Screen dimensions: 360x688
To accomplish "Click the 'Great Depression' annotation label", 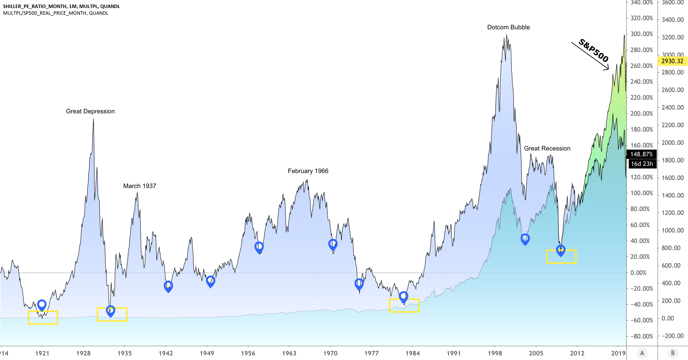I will [90, 111].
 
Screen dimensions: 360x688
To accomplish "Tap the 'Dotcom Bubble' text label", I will [508, 27].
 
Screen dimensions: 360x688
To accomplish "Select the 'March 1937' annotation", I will [139, 186].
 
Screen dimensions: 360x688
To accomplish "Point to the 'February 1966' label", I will [308, 171].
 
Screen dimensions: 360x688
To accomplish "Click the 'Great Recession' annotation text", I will [547, 149].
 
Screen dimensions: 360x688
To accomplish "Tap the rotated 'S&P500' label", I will [594, 50].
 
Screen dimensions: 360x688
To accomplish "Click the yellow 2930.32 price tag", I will [672, 61].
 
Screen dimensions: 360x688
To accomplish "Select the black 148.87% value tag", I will [641, 154].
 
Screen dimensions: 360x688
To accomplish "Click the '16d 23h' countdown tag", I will [642, 164].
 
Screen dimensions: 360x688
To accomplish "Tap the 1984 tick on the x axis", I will [413, 353].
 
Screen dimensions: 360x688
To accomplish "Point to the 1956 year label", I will [248, 353].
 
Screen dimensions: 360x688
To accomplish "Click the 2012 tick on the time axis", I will [577, 353].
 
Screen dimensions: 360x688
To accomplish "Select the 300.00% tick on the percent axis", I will [642, 34].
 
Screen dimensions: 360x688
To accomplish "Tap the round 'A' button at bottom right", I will [642, 353].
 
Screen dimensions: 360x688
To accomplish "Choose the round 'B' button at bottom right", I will [673, 353].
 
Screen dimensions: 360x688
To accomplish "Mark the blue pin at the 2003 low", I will [525, 239].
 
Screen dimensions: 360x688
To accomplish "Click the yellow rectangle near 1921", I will [43, 317].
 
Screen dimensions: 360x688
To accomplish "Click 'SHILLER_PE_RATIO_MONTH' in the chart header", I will [35, 6].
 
